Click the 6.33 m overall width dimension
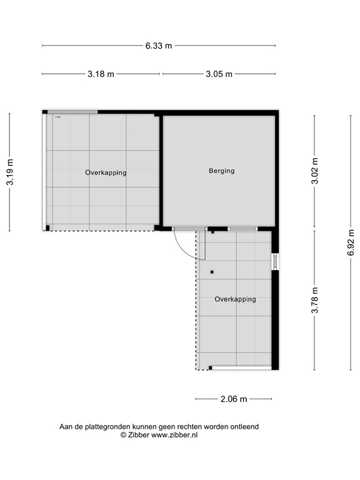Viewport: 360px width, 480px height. (158, 46)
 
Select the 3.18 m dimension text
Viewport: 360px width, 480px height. (101, 74)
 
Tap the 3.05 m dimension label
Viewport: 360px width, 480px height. (219, 74)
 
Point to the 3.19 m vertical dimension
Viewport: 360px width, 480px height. (10, 172)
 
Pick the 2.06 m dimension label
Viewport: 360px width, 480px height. (234, 399)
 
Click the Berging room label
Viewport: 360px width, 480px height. (221, 171)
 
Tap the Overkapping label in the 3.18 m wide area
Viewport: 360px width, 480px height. (106, 172)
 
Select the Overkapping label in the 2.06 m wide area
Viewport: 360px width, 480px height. (235, 299)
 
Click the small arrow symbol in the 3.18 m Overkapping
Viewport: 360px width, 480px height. (57, 117)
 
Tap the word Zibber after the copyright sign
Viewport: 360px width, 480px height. (137, 435)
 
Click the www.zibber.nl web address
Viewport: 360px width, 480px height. (174, 435)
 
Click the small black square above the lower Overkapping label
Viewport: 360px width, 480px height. (212, 272)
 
